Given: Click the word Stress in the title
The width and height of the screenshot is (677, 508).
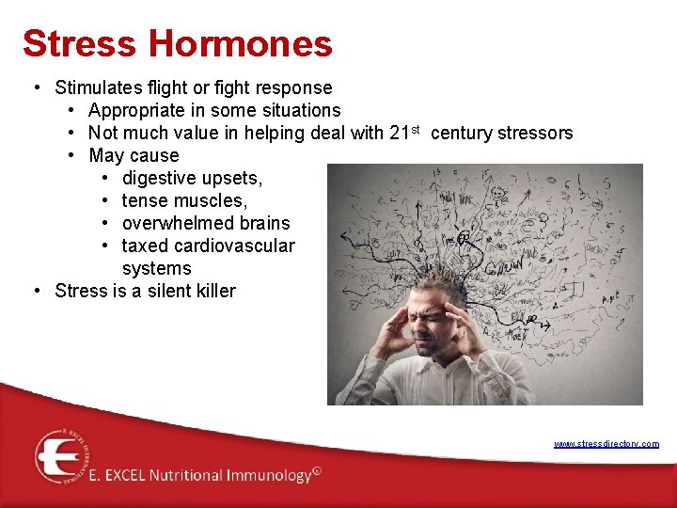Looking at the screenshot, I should (79, 43).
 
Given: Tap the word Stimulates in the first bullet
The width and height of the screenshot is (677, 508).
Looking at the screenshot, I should (99, 87).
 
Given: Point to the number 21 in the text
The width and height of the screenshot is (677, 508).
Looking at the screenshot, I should (400, 133).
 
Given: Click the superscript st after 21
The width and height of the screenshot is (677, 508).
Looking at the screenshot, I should (416, 129).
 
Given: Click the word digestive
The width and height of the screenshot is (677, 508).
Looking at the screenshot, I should (159, 178).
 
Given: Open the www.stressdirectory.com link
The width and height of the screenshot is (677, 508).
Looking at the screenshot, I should (606, 444).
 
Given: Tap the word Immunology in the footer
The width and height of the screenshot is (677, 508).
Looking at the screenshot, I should (266, 476).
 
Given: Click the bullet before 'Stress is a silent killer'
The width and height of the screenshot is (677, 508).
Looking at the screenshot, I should (36, 291).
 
